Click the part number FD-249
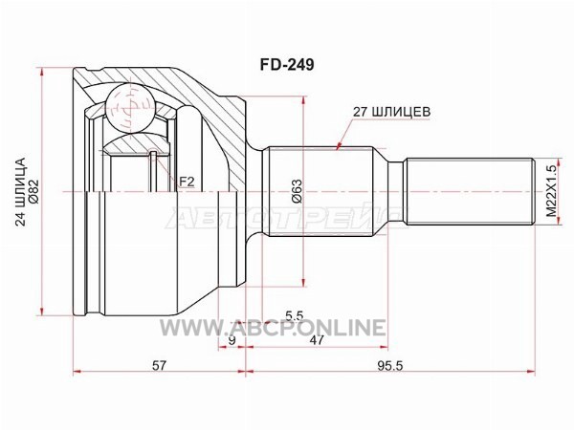coord(287,65)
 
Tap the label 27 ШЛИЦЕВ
coord(391,112)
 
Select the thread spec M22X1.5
coord(551,191)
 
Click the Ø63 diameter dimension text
coord(297,191)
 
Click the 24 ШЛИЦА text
coord(22,192)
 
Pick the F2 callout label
coord(187,182)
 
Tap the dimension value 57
coord(159,365)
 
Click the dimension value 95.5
coord(390,365)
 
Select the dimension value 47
coord(317,340)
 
